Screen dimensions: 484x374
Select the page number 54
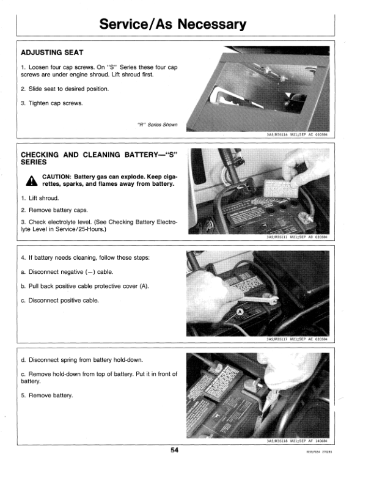point(175,450)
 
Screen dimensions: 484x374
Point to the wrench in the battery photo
point(257,299)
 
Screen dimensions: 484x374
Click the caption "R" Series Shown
point(158,125)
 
